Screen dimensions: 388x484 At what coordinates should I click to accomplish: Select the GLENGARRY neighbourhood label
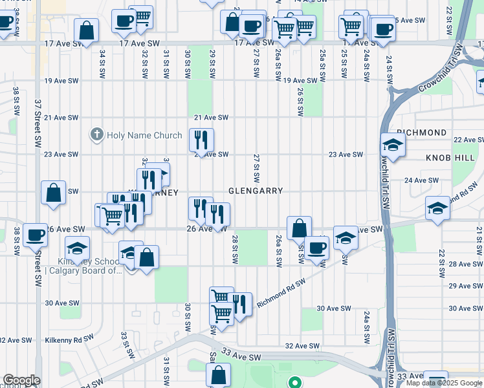256,191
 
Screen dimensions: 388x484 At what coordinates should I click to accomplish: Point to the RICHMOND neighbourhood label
421,133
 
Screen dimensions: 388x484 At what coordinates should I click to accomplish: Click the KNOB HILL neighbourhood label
446,158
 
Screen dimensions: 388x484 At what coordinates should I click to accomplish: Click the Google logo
21,380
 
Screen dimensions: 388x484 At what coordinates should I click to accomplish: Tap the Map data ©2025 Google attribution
444,383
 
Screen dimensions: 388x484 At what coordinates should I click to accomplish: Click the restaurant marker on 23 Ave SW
201,140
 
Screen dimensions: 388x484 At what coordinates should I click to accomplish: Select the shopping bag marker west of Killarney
53,192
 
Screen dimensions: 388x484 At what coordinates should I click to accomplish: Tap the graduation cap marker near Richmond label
393,146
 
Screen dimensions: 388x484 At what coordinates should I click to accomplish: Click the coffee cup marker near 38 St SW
35,235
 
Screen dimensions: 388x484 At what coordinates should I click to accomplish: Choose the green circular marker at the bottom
296,382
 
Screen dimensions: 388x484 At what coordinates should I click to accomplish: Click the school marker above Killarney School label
77,248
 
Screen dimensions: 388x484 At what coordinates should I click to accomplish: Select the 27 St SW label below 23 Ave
256,168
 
